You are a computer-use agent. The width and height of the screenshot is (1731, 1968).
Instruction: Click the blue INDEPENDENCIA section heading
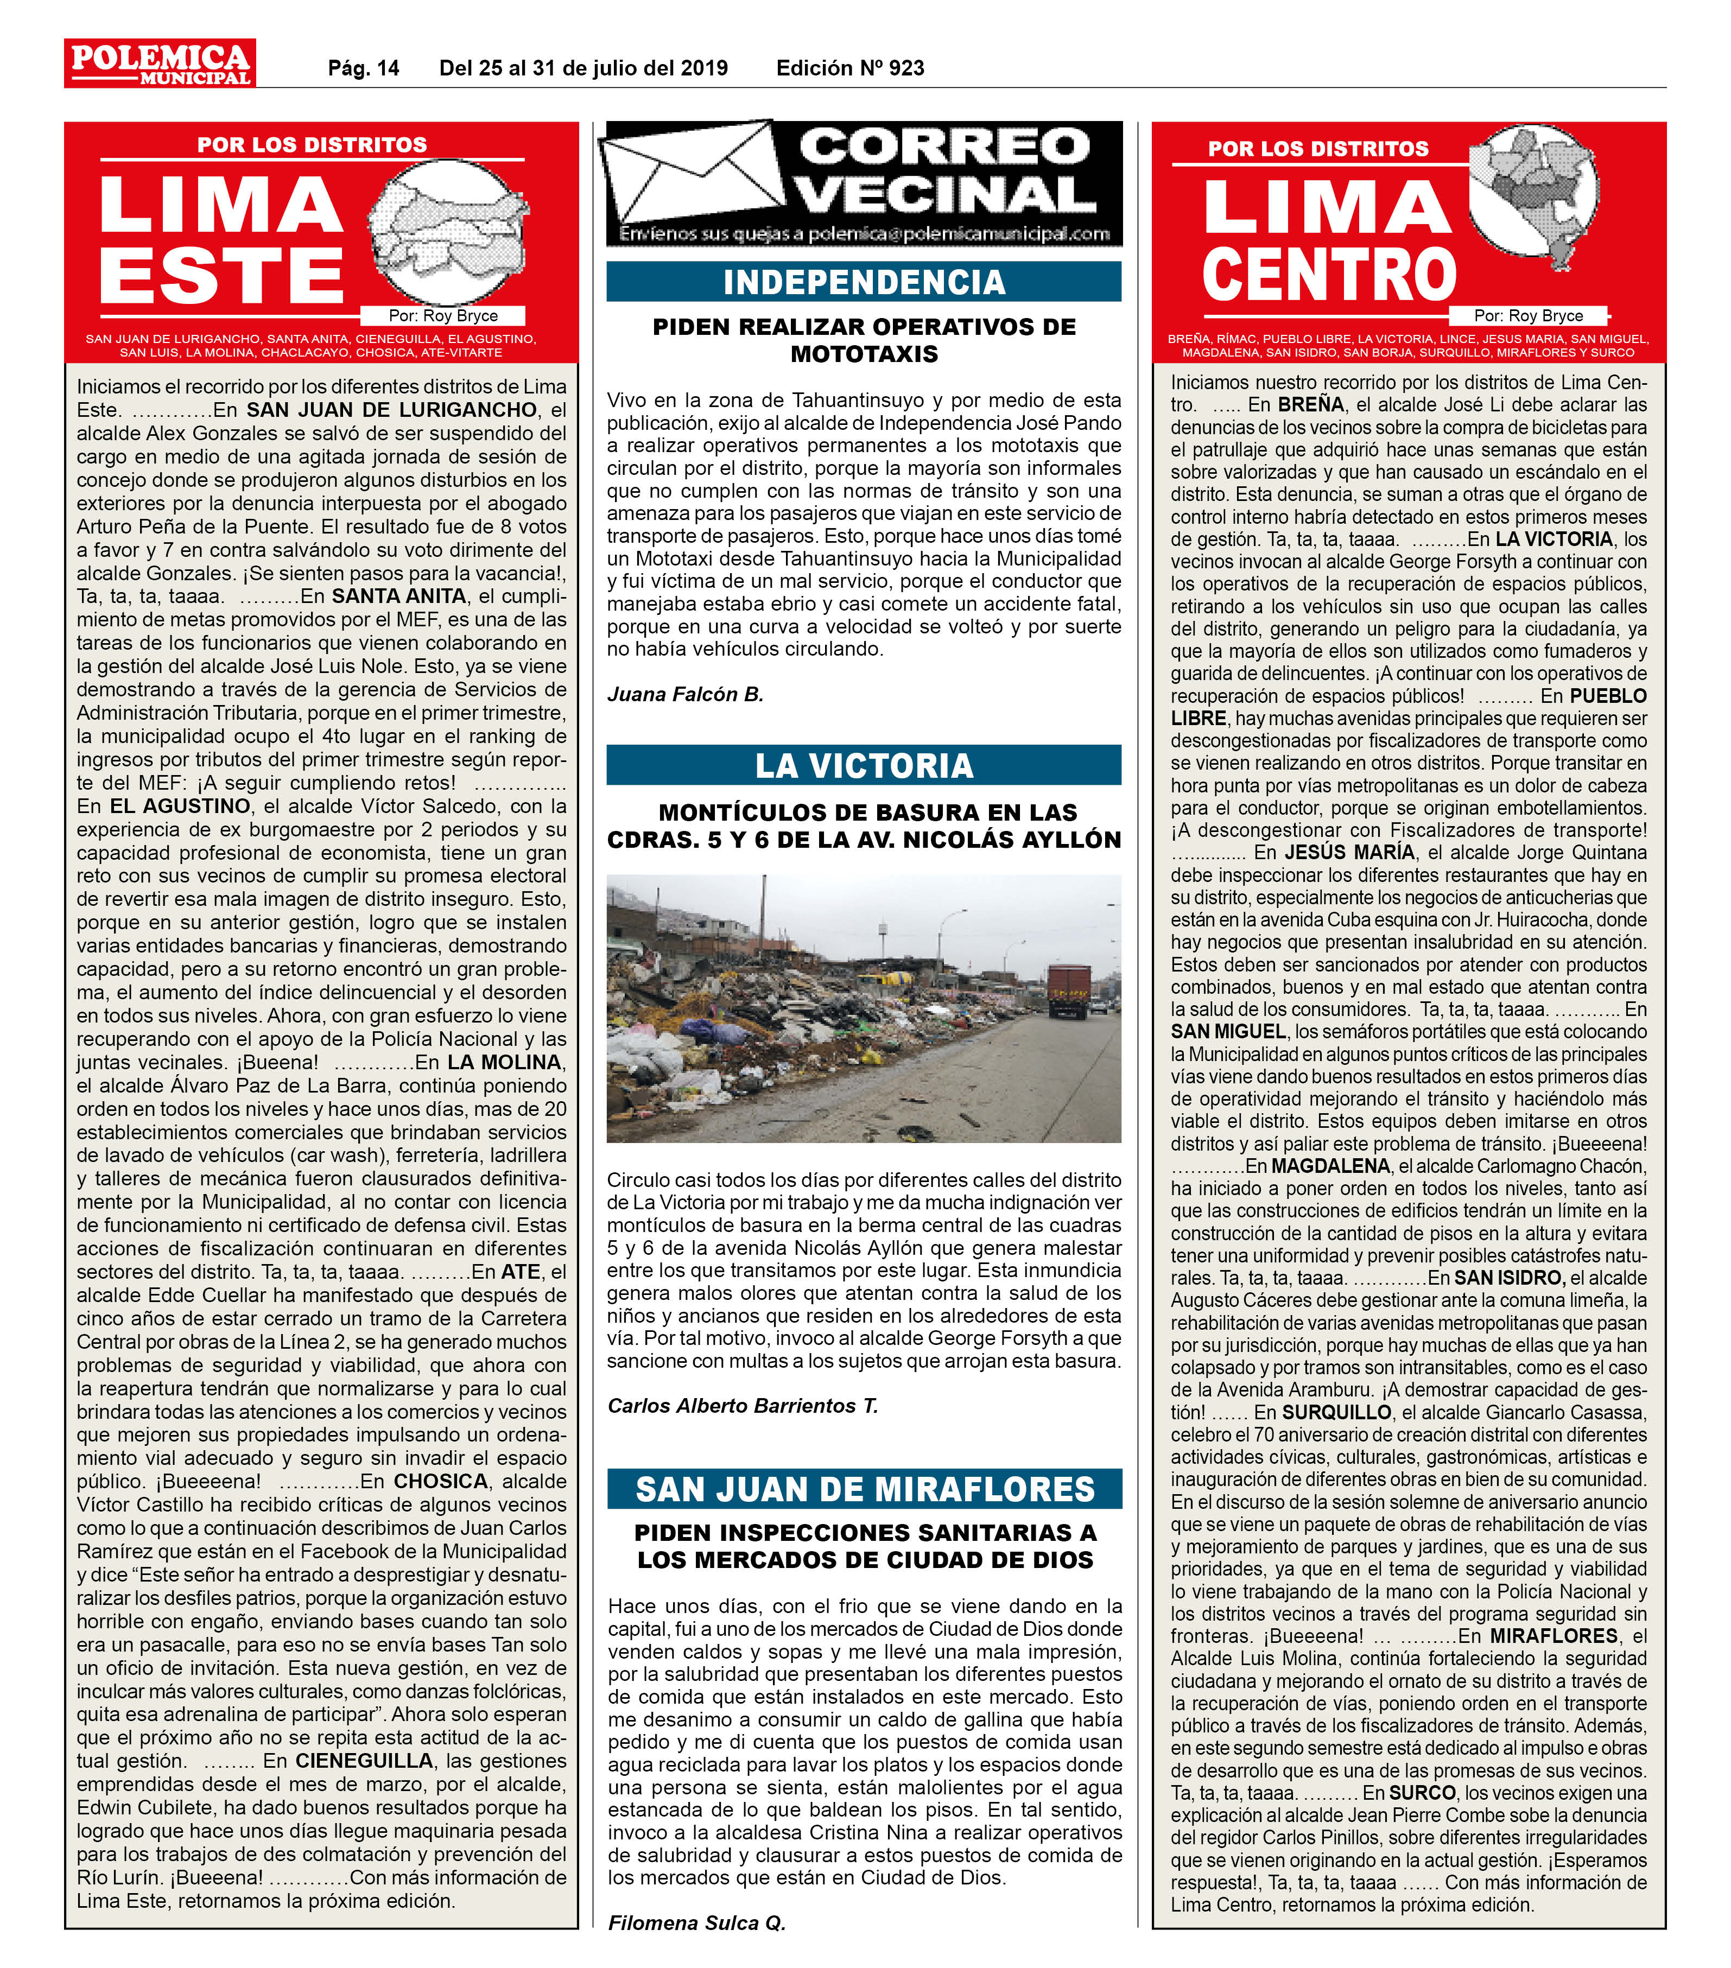pos(864,282)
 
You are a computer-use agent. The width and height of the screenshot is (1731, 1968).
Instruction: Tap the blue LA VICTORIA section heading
pos(864,765)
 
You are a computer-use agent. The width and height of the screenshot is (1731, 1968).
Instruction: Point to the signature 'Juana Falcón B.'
pos(686,694)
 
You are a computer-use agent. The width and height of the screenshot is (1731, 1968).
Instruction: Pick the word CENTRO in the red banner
pos(1329,275)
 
